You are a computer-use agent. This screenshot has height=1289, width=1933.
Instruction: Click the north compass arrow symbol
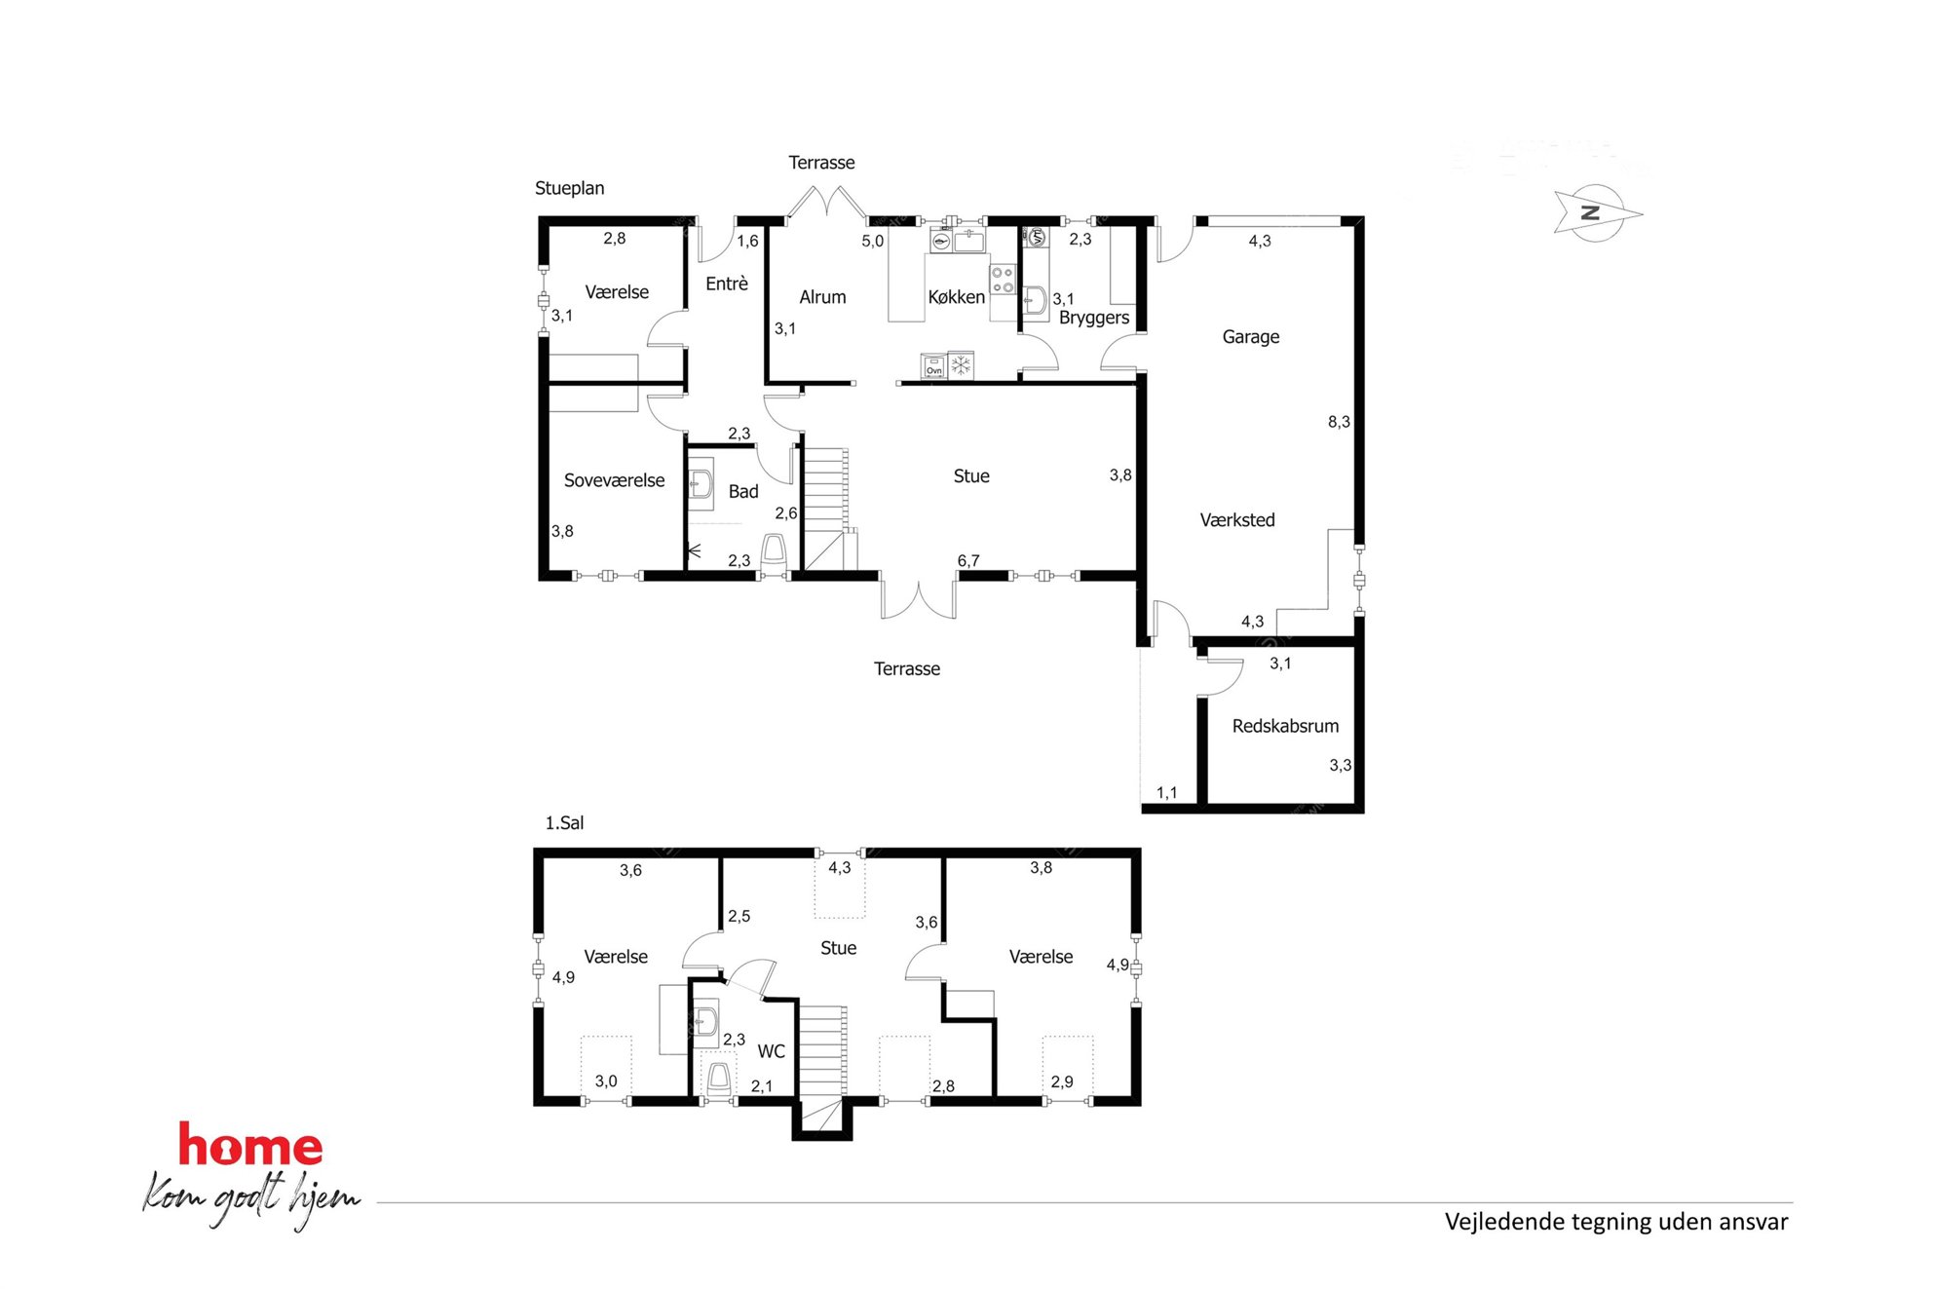click(1597, 212)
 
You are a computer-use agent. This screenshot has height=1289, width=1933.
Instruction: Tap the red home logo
click(250, 1145)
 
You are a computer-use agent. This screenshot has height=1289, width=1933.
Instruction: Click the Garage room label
click(1250, 337)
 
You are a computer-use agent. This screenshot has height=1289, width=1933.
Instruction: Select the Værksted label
click(1237, 519)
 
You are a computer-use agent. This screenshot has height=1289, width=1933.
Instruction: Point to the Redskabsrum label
click(1285, 726)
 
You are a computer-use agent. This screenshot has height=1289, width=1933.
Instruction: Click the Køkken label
click(956, 297)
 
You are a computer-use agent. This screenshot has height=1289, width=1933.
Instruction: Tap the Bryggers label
click(1094, 318)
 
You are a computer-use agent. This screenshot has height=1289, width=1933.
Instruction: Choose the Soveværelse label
click(614, 480)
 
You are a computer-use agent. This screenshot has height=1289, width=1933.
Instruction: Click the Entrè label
click(727, 284)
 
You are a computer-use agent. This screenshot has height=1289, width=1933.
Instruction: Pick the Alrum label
click(822, 297)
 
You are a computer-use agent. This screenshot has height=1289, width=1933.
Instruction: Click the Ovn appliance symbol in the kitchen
click(933, 366)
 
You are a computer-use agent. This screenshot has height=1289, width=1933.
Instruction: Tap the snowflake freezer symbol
click(961, 366)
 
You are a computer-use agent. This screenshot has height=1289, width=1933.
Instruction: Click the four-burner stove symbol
click(1004, 280)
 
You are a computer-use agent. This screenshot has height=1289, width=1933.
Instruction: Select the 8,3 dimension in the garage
click(1339, 422)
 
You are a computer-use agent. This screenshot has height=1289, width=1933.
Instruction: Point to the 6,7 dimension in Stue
click(968, 560)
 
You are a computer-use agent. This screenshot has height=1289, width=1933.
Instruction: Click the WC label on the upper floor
click(771, 1051)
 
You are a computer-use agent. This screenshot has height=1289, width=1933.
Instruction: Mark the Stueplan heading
click(569, 188)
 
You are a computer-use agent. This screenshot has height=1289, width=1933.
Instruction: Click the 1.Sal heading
click(564, 823)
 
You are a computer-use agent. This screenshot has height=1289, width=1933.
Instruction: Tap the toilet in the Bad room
click(774, 551)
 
